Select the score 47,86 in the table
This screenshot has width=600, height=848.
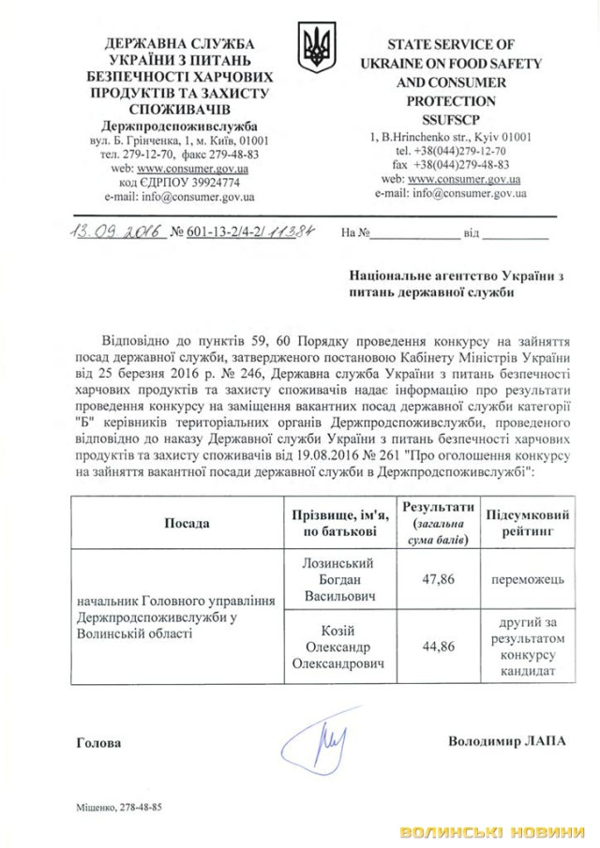coord(440,580)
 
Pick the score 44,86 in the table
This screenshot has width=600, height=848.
coord(440,644)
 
